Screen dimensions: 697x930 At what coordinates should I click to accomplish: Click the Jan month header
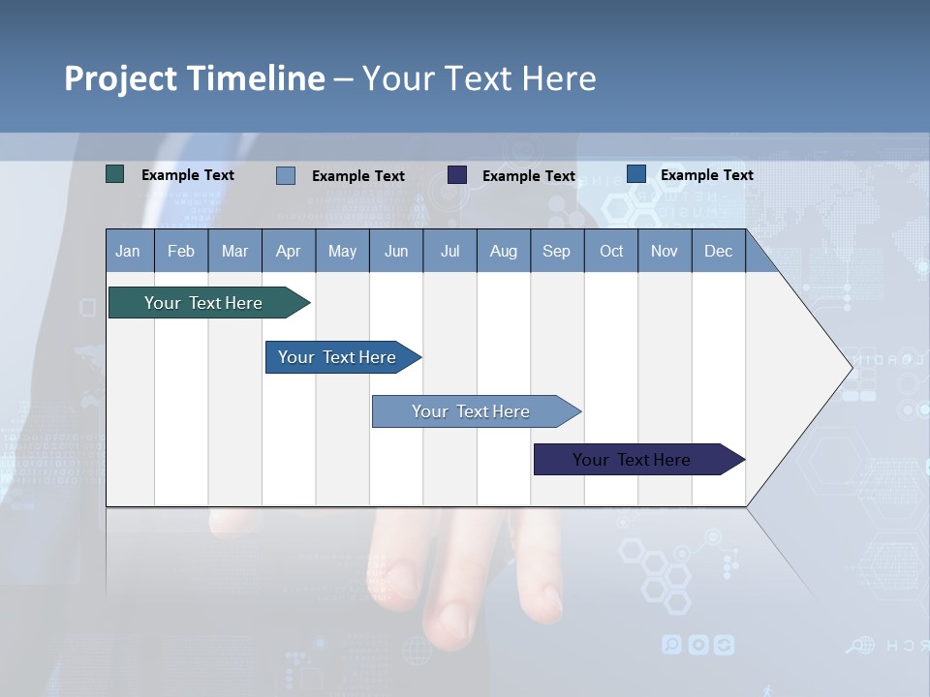click(128, 252)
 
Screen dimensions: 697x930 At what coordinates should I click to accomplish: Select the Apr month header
click(288, 252)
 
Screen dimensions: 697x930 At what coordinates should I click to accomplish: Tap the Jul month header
click(449, 252)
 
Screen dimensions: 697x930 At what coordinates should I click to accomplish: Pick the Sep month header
click(556, 252)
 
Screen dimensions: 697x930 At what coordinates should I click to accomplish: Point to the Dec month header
click(718, 252)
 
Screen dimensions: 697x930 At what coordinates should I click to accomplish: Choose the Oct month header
click(611, 252)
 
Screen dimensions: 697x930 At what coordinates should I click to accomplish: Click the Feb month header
click(181, 252)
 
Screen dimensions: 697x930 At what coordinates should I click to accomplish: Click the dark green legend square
click(115, 174)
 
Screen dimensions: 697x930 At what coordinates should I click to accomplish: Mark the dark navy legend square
click(457, 175)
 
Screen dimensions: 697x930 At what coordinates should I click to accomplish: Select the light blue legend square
click(286, 175)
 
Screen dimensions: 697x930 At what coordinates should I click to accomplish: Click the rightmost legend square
click(636, 174)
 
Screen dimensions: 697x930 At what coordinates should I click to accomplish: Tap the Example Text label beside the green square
click(188, 175)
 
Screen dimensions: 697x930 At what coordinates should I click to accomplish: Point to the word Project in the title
click(121, 78)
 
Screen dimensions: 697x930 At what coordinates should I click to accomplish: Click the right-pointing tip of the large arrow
click(850, 368)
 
